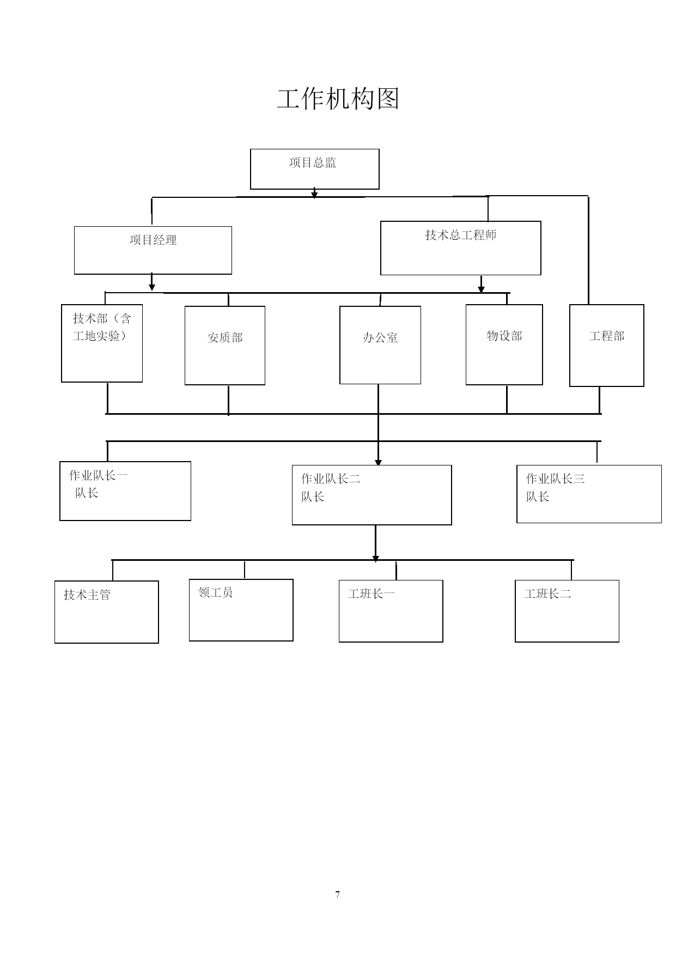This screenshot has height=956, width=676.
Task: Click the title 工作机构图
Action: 338,99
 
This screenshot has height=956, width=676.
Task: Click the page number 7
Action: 338,894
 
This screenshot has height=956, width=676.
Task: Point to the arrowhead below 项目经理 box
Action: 152,287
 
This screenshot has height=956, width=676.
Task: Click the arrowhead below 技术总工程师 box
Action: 481,288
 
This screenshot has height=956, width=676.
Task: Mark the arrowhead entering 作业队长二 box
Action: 378,462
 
